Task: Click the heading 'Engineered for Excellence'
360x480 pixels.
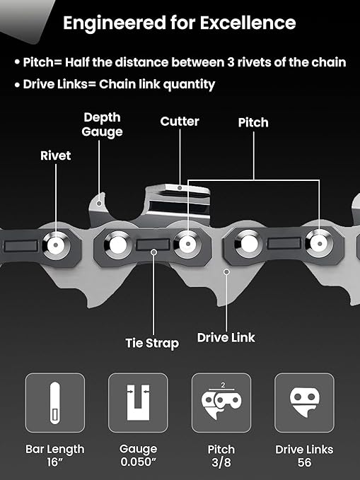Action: tap(179, 23)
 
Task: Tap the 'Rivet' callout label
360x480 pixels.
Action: tap(55, 156)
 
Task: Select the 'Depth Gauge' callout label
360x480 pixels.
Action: tap(102, 124)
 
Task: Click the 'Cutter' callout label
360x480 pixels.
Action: tap(180, 122)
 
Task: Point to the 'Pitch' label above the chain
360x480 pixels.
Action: tap(253, 123)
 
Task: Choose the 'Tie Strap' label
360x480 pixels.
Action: tap(152, 343)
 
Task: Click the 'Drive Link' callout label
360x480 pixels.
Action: tap(226, 338)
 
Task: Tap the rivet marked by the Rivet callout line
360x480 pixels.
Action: tap(56, 245)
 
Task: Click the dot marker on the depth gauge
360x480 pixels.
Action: tap(99, 203)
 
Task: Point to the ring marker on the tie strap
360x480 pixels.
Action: tap(154, 252)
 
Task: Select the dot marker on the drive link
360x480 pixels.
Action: tap(226, 271)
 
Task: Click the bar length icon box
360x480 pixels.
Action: tap(55, 402)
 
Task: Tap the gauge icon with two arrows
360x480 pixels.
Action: tap(138, 402)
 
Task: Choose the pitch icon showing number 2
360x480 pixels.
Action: tap(221, 402)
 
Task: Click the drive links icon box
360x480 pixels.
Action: tap(305, 402)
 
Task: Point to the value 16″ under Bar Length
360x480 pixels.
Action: tap(55, 462)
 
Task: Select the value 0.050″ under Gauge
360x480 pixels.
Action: tap(138, 462)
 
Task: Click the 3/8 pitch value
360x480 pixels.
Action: tap(221, 462)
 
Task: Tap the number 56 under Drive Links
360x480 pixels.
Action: tap(304, 462)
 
